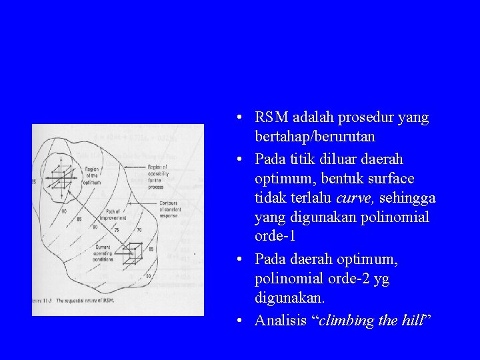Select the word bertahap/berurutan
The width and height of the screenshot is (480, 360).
(315, 137)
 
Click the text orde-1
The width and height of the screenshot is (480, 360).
(275, 237)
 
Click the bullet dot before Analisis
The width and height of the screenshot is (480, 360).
(239, 321)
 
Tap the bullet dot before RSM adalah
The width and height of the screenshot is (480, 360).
(239, 118)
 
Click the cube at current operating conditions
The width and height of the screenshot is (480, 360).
(133, 253)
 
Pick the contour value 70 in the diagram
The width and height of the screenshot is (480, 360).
(139, 229)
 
